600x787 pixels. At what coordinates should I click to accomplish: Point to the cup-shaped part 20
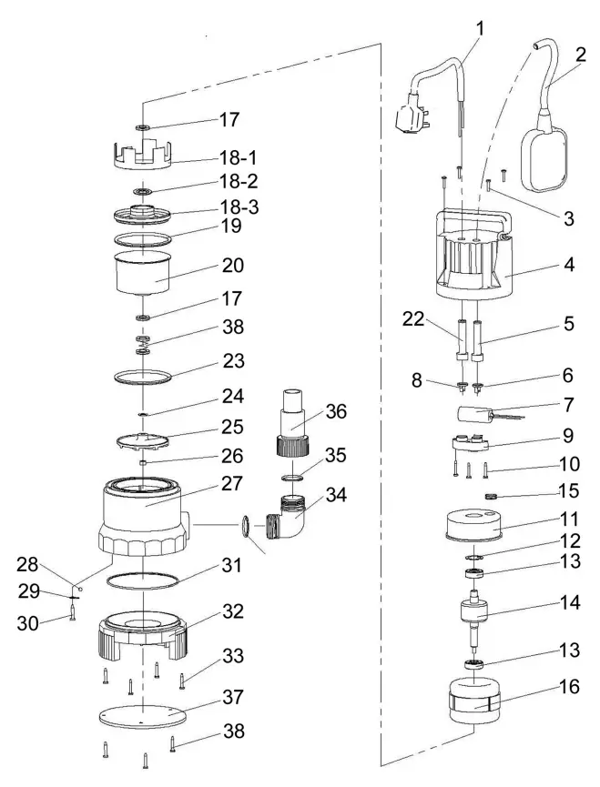click(x=146, y=273)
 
